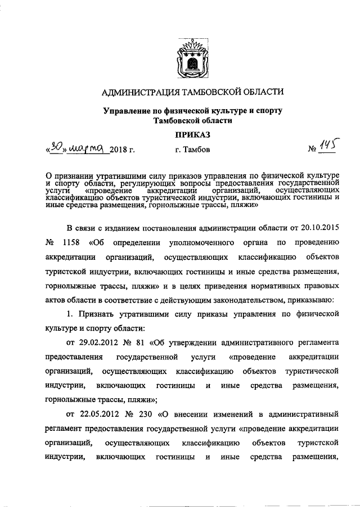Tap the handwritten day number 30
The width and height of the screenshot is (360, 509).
click(x=56, y=148)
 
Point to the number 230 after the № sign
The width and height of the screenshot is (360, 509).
click(x=147, y=415)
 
